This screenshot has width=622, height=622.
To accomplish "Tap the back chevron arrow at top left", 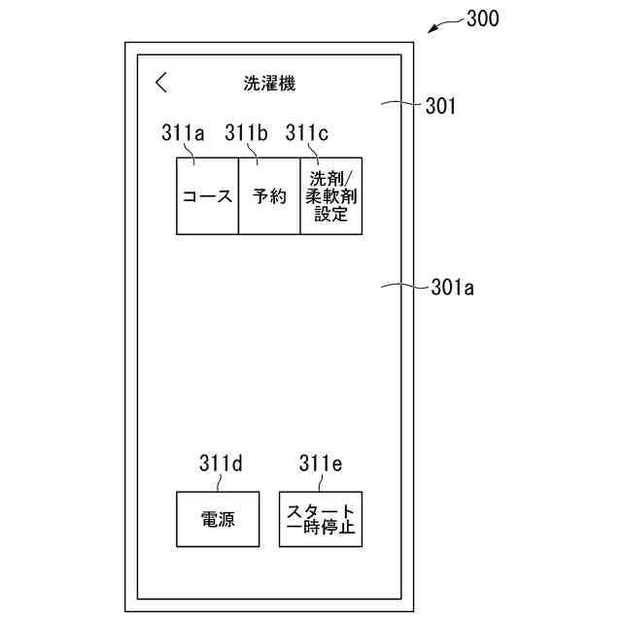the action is (x=161, y=83).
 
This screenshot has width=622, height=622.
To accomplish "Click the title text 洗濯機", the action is (x=269, y=84).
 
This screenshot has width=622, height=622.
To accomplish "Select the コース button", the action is (x=207, y=195).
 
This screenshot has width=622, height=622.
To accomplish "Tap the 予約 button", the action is (x=269, y=195).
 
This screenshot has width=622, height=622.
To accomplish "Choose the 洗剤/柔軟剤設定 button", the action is (x=330, y=195).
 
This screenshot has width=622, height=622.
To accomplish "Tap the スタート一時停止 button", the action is (x=320, y=519).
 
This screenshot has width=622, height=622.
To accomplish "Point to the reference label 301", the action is (x=440, y=106).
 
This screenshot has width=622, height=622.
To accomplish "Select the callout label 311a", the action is (x=183, y=134).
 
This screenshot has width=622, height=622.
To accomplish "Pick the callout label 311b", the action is (x=245, y=134).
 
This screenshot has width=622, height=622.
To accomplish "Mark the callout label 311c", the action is (x=306, y=134).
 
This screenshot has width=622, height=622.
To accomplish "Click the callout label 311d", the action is (x=219, y=464).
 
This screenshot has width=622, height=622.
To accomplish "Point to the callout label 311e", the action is (x=320, y=464).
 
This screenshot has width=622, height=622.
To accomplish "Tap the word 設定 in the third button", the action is (x=330, y=215).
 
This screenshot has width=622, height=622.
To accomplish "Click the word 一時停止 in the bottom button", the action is (x=320, y=530).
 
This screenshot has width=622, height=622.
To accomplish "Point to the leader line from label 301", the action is (x=398, y=103).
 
